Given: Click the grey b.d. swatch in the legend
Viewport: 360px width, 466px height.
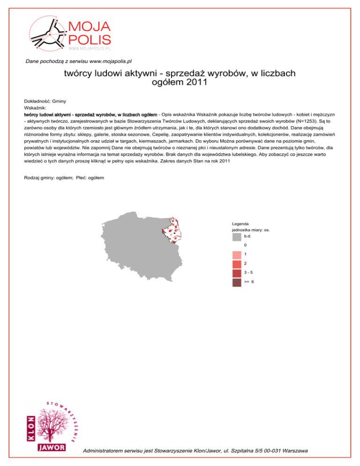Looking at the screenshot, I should click(x=236, y=238).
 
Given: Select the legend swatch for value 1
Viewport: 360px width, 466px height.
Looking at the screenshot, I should click(x=236, y=255).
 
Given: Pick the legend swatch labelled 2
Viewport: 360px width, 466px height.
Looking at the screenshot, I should click(x=236, y=264).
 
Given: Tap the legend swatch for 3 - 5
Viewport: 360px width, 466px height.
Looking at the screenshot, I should click(x=236, y=273).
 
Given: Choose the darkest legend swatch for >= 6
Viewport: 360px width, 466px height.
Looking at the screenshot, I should click(x=236, y=282).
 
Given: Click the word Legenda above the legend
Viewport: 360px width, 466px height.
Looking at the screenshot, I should click(x=240, y=224).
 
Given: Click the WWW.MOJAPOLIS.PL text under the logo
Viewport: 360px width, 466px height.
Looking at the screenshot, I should click(x=89, y=48).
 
